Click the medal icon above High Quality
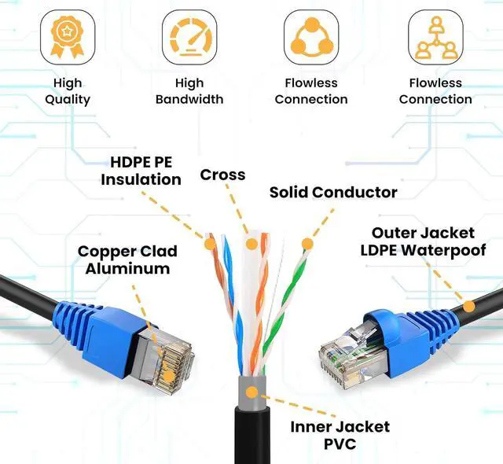point(67,36)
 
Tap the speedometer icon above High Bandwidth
point(189,36)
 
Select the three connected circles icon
point(312,36)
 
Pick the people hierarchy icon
point(435,36)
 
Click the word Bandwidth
point(189,100)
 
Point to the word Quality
point(67,100)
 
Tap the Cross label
point(222,175)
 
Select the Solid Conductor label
point(333,192)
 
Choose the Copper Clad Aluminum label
point(127,260)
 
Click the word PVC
point(339,444)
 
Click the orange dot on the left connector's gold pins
point(167,359)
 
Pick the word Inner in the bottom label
point(314,427)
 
